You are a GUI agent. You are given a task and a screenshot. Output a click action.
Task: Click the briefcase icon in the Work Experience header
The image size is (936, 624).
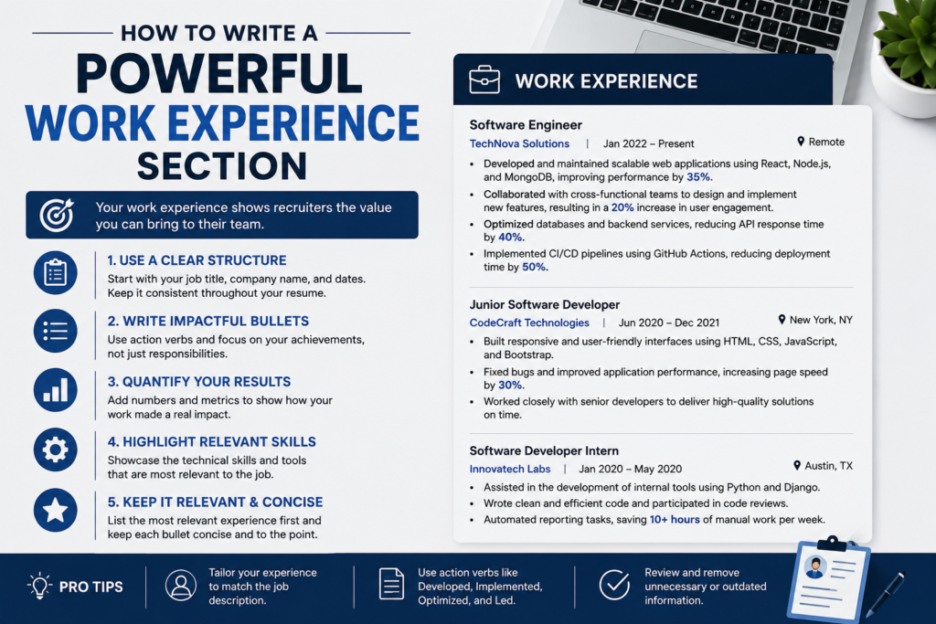(x=484, y=79)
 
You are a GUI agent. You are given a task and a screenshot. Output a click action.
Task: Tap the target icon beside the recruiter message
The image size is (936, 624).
(x=57, y=215)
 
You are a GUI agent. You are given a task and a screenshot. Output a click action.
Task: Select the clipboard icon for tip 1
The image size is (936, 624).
(x=56, y=272)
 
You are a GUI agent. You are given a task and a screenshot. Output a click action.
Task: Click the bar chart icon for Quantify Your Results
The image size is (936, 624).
(x=56, y=390)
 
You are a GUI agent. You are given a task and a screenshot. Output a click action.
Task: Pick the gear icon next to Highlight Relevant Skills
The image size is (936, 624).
(x=56, y=449)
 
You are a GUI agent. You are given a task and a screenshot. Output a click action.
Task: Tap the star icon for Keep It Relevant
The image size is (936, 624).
(x=56, y=510)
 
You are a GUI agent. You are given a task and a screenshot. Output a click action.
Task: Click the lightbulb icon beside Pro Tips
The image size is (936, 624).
(x=40, y=586)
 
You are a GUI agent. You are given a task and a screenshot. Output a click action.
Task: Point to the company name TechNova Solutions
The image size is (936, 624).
(x=519, y=143)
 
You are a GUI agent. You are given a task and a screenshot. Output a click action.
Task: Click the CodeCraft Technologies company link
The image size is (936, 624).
(x=529, y=323)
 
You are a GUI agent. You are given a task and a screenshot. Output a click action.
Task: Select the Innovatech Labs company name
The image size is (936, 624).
(x=510, y=469)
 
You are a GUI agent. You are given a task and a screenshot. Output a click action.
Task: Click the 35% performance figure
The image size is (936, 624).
(x=698, y=177)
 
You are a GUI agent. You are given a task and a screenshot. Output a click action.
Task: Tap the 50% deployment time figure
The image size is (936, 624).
(x=534, y=268)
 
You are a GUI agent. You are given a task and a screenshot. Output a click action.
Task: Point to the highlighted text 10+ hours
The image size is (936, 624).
(x=675, y=520)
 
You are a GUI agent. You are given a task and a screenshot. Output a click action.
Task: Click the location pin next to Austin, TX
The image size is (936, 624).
(x=797, y=465)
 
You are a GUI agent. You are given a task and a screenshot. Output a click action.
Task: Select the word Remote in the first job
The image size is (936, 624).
(x=826, y=142)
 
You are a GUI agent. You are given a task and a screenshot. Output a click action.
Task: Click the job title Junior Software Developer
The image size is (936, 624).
(x=545, y=305)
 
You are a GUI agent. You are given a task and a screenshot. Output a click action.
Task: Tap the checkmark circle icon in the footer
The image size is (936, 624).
(x=614, y=585)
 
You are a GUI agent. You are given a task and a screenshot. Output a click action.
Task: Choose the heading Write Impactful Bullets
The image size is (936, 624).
(x=208, y=321)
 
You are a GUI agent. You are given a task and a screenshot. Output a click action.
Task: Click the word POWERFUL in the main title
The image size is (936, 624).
(x=219, y=74)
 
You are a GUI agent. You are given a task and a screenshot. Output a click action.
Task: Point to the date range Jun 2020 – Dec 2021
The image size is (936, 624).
(x=668, y=323)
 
